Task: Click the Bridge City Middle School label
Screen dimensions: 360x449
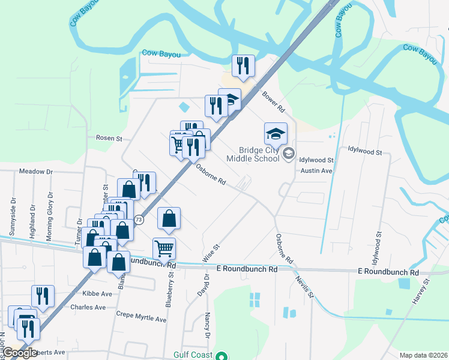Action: point(253,154)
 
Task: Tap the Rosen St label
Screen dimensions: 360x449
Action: point(109,138)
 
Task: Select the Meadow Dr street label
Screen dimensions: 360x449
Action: point(36,172)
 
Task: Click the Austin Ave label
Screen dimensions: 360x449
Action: point(316,170)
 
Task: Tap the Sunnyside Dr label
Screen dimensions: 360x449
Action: point(13,214)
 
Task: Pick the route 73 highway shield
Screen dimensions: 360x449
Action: point(139,220)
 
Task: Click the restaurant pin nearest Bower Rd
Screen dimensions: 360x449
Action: point(243,66)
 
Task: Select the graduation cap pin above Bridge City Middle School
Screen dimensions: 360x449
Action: point(276,134)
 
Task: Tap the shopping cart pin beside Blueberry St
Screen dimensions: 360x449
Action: point(164,248)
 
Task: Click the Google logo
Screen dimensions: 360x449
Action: point(20,353)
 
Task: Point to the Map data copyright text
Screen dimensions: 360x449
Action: point(423,355)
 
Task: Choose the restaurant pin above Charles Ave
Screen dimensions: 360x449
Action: point(43,296)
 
